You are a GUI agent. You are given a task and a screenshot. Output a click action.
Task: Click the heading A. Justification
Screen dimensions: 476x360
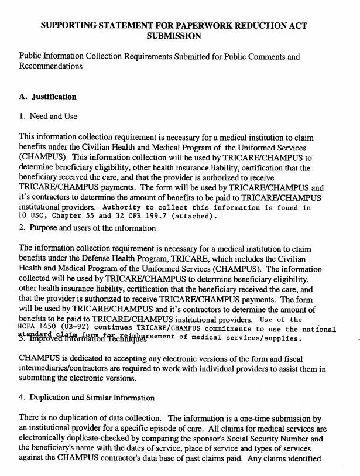(x=47, y=97)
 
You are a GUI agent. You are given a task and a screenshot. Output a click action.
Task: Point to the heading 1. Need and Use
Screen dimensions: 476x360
(x=48, y=116)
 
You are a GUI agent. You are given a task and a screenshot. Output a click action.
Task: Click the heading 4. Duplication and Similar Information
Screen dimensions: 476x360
(x=87, y=398)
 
